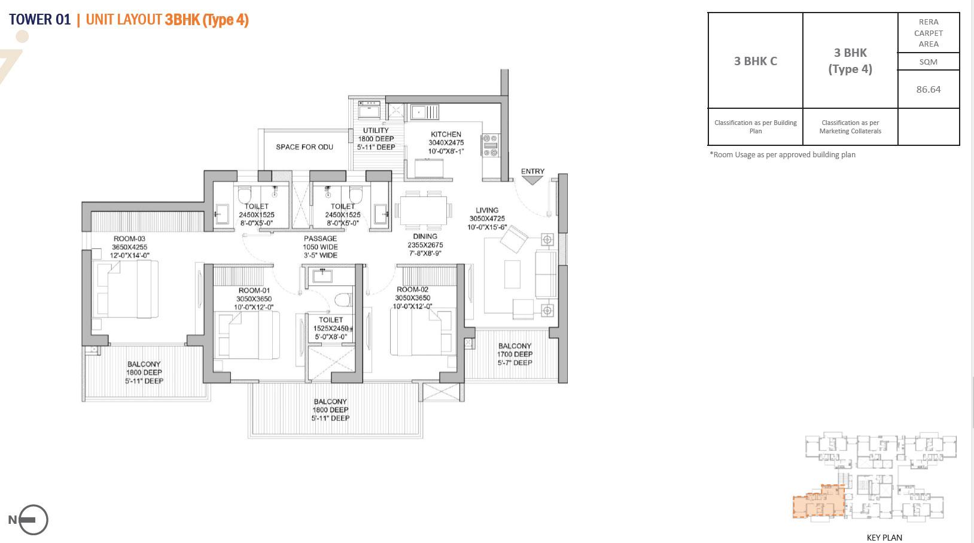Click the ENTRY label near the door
tap(532, 171)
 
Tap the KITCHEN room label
tap(446, 142)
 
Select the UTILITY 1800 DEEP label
tap(376, 138)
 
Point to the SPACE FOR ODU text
tap(305, 147)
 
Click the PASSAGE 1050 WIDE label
tap(320, 246)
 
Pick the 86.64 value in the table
tap(928, 89)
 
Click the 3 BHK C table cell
tap(755, 61)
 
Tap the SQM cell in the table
tap(928, 62)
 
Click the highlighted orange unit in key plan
tap(818, 502)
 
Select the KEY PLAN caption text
tap(884, 537)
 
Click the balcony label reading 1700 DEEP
tap(515, 354)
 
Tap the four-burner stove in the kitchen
tap(490, 145)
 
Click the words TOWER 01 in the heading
tap(39, 20)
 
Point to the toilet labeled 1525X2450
tap(331, 328)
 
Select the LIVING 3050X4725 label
tap(487, 218)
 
